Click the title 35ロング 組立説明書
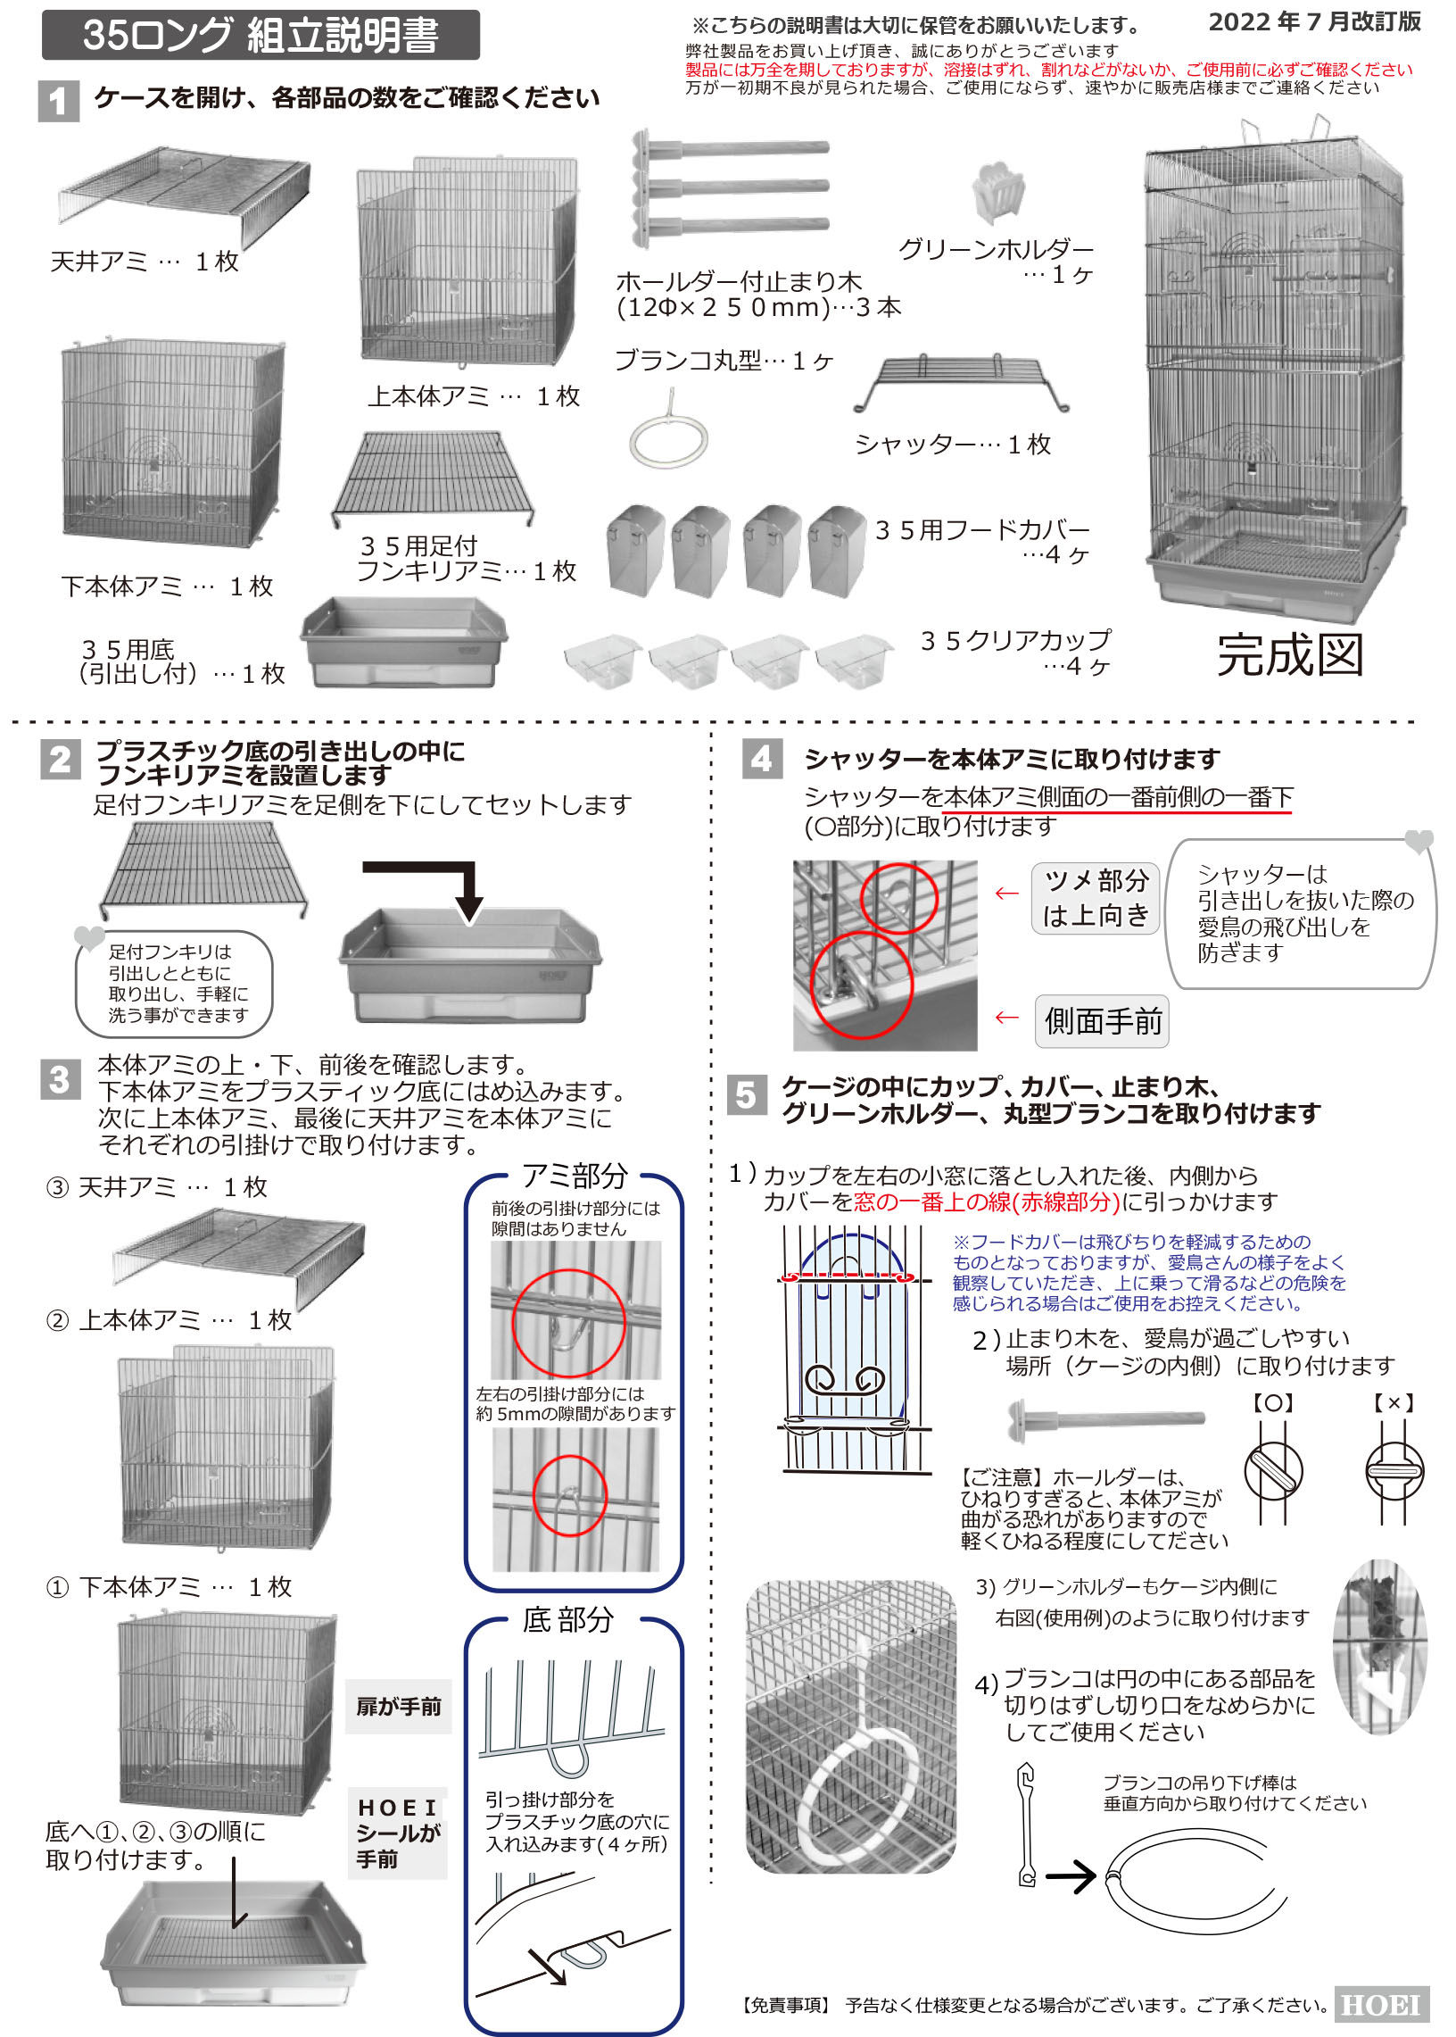tap(260, 35)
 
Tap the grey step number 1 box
tap(59, 101)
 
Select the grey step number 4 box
tap(762, 759)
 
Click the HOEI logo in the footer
tap(1381, 2005)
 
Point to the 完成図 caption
tap(1290, 655)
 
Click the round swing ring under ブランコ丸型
tap(669, 440)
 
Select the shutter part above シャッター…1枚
tap(960, 383)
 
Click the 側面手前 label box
tap(1102, 1021)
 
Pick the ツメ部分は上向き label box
tap(1096, 898)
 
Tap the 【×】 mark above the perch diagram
tap(1394, 1403)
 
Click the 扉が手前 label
tap(399, 1706)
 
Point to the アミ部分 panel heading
tap(575, 1175)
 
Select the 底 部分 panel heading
tap(568, 1620)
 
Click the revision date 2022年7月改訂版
tap(1314, 21)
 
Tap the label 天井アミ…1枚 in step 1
tap(145, 261)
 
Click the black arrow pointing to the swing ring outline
tap(1071, 1875)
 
